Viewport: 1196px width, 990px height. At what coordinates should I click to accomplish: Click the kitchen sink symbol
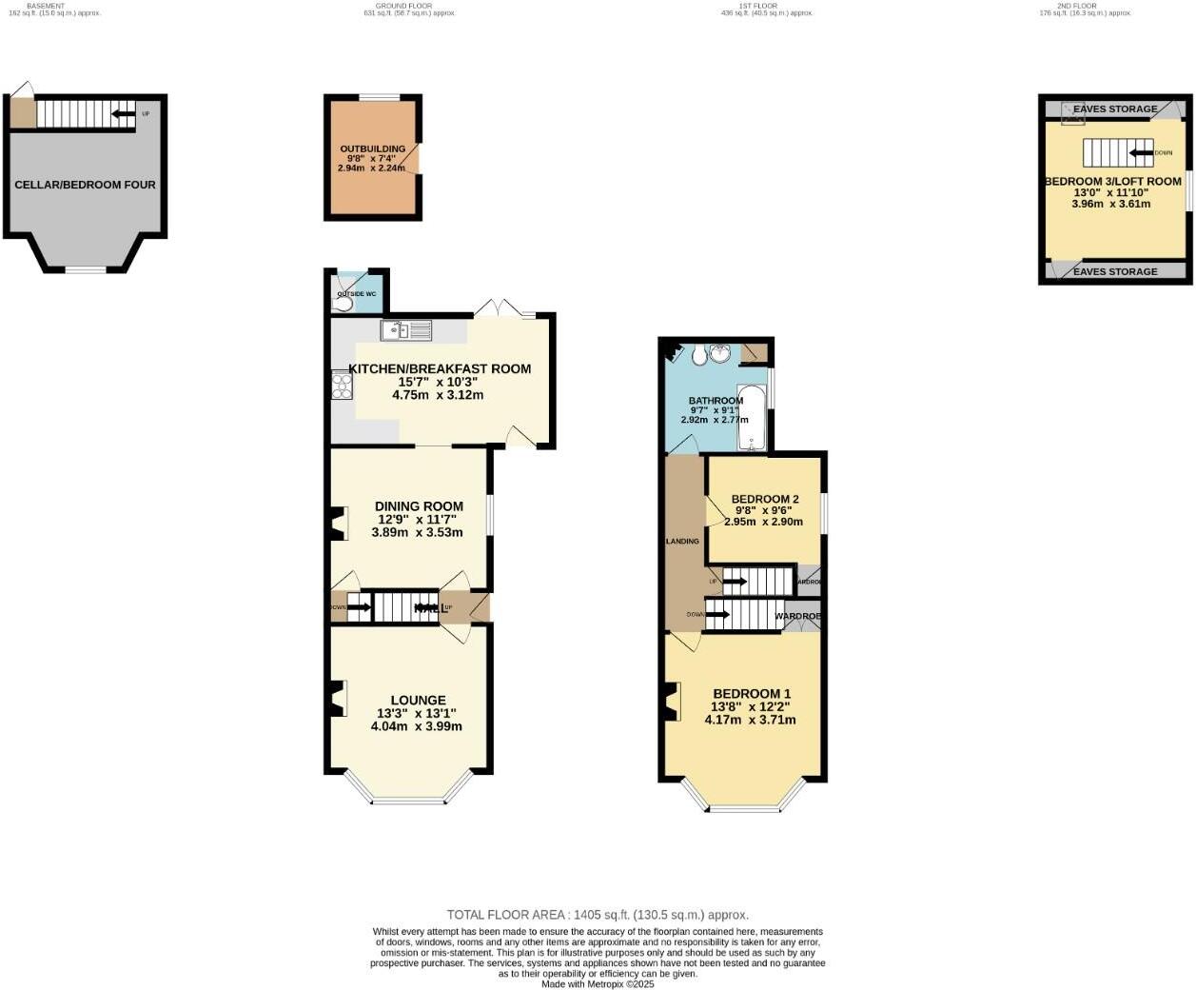pyautogui.click(x=406, y=330)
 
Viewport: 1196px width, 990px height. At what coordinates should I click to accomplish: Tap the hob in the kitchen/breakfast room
pyautogui.click(x=342, y=386)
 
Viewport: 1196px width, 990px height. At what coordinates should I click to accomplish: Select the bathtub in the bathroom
pyautogui.click(x=752, y=418)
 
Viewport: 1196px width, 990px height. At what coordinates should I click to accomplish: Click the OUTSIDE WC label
pyautogui.click(x=357, y=294)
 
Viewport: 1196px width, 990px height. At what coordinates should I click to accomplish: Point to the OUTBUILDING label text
pyautogui.click(x=373, y=149)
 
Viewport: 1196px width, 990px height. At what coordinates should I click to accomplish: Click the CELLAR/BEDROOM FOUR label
pyautogui.click(x=85, y=185)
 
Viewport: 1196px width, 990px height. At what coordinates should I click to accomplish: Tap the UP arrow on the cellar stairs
pyautogui.click(x=122, y=114)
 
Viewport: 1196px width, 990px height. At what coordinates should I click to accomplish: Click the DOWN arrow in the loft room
pyautogui.click(x=1139, y=152)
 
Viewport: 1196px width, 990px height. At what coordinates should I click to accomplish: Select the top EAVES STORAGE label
pyautogui.click(x=1115, y=109)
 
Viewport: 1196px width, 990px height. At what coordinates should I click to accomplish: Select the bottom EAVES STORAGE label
pyautogui.click(x=1115, y=272)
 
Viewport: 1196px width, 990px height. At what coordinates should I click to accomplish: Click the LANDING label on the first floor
pyautogui.click(x=682, y=542)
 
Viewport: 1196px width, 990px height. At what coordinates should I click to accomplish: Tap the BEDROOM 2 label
pyautogui.click(x=765, y=499)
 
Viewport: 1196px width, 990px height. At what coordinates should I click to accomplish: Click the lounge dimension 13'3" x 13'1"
pyautogui.click(x=417, y=713)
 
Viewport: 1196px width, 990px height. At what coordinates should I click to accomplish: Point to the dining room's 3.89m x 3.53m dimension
pyautogui.click(x=417, y=532)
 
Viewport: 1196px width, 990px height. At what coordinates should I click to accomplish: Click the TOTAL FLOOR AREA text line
pyautogui.click(x=598, y=915)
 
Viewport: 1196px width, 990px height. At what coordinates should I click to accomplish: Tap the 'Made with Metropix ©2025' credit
pyautogui.click(x=598, y=984)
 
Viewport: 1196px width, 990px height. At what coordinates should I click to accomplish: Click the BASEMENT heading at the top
pyautogui.click(x=46, y=6)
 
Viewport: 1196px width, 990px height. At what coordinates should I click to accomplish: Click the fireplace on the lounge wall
pyautogui.click(x=336, y=700)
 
